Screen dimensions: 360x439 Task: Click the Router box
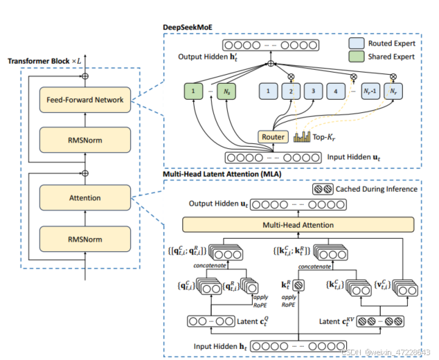point(273,137)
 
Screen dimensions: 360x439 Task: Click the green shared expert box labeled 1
point(195,91)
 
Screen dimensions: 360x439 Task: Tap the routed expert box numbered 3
point(314,91)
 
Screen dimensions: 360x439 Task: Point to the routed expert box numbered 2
point(292,91)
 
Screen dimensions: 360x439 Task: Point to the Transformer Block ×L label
point(44,62)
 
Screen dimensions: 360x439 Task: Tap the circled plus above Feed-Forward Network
point(84,74)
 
